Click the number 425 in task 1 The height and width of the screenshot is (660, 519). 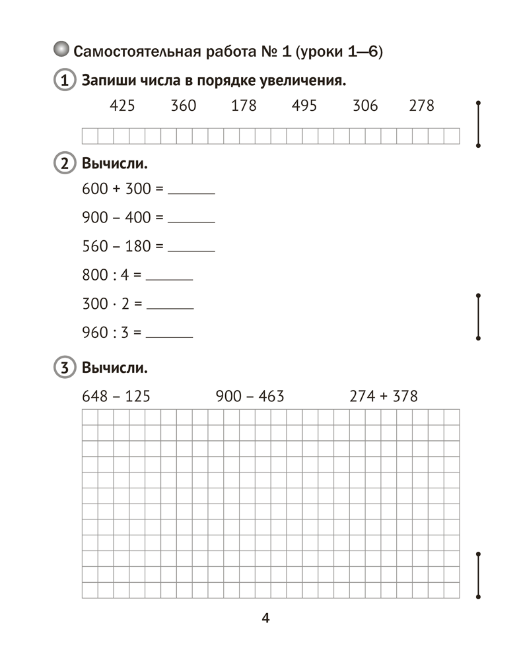point(122,106)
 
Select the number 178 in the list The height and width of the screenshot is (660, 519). point(244,106)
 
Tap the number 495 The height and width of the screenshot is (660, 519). point(304,106)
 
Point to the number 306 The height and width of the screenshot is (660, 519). point(365,106)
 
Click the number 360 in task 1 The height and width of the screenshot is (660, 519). point(183,106)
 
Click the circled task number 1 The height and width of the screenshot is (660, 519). point(63,81)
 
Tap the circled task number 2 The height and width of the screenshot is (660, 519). point(63,164)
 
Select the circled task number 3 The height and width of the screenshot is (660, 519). point(63,368)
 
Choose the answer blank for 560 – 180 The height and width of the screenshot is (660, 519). point(191,250)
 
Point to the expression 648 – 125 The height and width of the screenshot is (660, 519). point(116,397)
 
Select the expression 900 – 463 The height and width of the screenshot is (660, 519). point(250,397)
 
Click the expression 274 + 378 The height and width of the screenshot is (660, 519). point(384,397)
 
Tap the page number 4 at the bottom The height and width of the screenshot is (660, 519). point(265,619)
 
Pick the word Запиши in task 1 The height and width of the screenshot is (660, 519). point(108,81)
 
